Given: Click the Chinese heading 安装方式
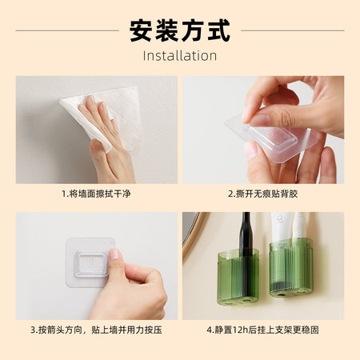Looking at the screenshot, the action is point(180,30).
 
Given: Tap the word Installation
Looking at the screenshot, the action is point(180,56).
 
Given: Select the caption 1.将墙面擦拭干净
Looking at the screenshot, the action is point(96,194).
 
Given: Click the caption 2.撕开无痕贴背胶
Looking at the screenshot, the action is point(263,194).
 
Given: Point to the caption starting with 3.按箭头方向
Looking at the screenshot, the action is point(96,330).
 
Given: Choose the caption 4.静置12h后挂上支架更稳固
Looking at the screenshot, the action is point(263,330).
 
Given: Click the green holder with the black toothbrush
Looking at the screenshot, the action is point(238,278).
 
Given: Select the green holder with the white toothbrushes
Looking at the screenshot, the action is point(291,268).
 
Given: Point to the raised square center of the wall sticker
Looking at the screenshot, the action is point(92,264).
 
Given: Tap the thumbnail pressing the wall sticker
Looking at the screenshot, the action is point(115,254).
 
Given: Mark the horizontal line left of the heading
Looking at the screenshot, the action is point(67,30).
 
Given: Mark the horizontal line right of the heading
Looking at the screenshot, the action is point(293,30).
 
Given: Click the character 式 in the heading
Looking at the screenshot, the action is point(219,30).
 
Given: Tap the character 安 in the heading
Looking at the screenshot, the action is point(141,30).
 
